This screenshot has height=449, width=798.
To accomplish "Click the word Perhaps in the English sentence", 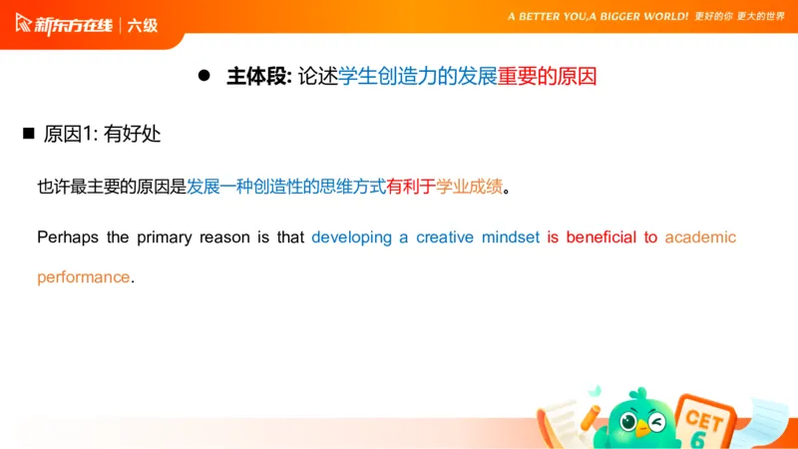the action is click(x=68, y=237).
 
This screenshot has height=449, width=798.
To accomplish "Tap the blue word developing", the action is click(x=352, y=237).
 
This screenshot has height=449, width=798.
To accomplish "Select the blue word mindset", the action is click(x=511, y=237).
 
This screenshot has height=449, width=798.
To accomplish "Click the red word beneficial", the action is click(x=601, y=237).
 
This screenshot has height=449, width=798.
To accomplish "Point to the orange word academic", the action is click(x=700, y=237).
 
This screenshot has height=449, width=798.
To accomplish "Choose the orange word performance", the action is click(x=84, y=277).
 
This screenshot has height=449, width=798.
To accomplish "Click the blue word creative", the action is click(x=445, y=237).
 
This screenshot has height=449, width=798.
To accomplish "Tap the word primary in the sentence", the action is click(x=165, y=237).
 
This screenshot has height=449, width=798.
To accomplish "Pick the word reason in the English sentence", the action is click(x=225, y=237).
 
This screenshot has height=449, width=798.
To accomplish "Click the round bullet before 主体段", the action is click(x=204, y=76).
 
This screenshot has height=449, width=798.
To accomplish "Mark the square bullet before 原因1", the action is click(x=29, y=134).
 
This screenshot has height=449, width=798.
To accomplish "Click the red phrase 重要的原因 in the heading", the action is click(x=547, y=77).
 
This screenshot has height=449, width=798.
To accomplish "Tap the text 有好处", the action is click(x=133, y=134).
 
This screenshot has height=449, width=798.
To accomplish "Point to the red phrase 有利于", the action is click(x=411, y=187).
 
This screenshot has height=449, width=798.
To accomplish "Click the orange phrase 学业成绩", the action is click(x=469, y=187).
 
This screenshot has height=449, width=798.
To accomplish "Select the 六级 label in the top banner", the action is click(x=143, y=26).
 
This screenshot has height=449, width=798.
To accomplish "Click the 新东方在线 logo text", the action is click(x=73, y=25).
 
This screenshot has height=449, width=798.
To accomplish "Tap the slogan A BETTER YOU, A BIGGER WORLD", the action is click(x=598, y=16).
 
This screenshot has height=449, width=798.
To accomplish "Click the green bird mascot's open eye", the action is click(x=629, y=422).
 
